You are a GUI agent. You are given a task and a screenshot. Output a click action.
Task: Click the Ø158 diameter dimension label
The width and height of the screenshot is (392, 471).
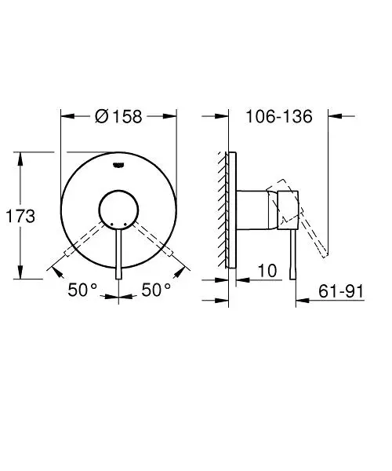click(118, 116)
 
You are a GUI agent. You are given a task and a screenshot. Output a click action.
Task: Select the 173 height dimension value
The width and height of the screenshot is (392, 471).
click(20, 217)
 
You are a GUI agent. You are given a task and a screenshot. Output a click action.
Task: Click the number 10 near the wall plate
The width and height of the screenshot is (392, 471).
click(267, 271)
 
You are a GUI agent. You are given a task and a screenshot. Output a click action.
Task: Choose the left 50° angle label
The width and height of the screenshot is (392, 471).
click(82, 290)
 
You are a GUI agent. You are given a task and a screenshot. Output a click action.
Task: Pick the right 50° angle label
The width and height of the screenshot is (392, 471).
click(157, 290)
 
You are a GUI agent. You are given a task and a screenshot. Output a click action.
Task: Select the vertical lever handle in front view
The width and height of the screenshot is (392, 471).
click(118, 251)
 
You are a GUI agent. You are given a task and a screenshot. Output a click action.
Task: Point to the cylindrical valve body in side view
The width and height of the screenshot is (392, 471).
click(255, 210)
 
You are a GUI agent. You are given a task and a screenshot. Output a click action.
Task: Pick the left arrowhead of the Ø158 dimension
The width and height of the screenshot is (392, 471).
click(65, 116)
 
